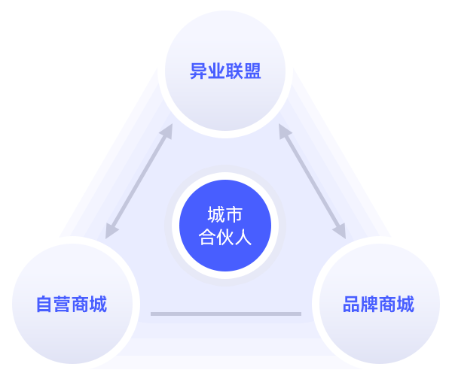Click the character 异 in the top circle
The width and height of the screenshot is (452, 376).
coord(198,72)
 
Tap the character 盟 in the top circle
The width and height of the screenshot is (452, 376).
coord(252,72)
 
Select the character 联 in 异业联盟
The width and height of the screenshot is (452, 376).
coord(234,72)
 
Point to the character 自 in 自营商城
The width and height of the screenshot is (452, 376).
coord(44,305)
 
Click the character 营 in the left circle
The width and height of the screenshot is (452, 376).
coord(63,305)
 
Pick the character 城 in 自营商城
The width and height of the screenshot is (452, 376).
coord(98,305)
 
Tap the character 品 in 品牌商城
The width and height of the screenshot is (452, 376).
coord(351,305)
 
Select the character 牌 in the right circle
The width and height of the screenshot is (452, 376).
coord(369,305)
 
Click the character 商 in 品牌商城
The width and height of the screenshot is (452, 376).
coord(387,305)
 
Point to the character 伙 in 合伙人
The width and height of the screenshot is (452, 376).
coord(225,238)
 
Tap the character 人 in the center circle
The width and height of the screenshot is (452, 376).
coord(243,238)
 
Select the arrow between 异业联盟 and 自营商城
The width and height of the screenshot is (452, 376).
coord(139,181)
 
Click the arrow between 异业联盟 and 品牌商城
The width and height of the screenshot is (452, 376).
coord(312,181)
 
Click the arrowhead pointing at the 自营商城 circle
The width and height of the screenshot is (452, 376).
coord(111,232)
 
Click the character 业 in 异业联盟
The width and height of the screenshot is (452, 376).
coord(216,72)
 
